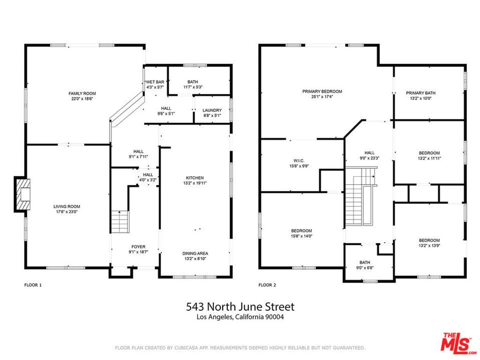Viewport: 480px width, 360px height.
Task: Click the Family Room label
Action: point(82,94)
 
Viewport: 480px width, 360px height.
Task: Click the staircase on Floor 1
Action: point(120,222)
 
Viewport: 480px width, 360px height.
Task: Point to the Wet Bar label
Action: point(155,82)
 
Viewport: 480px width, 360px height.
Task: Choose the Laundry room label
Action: point(212,110)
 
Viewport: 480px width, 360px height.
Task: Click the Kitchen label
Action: point(195,178)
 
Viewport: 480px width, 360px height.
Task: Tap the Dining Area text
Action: point(195,254)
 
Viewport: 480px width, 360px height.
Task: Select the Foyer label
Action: point(138,247)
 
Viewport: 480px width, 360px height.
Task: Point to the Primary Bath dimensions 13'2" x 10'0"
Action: point(420,98)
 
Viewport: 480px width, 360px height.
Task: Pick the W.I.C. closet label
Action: point(300,160)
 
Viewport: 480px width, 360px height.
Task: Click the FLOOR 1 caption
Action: point(33,285)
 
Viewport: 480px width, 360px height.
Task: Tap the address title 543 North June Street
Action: point(240,307)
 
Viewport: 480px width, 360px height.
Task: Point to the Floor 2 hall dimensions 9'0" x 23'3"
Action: point(369,158)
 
